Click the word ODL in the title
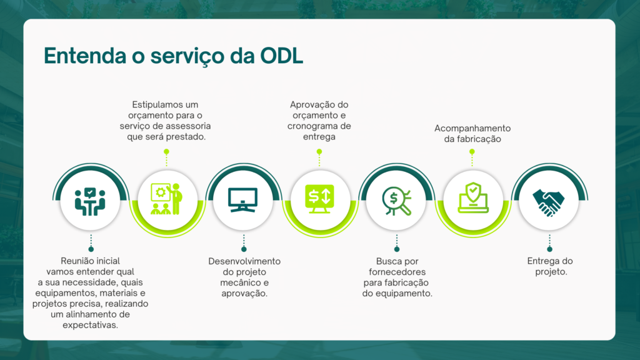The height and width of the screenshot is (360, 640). tap(282, 56)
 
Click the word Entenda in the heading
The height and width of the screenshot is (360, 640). tap(85, 56)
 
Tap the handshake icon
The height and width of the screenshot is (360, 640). tap(549, 202)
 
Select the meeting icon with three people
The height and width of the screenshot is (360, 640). tap(90, 201)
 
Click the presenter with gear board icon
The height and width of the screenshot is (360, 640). tap(166, 199)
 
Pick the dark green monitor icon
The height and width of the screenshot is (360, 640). tap(243, 200)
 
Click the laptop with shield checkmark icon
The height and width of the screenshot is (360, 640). tap(473, 198)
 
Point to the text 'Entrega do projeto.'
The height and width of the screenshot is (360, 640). tap(550, 266)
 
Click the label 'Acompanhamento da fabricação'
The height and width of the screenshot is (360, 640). tap(472, 134)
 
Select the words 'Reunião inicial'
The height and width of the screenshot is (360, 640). tap(90, 261)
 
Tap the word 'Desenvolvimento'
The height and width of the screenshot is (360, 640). tap(244, 261)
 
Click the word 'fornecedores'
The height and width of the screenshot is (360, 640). tap(397, 272)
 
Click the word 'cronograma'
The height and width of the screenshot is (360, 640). tap(313, 126)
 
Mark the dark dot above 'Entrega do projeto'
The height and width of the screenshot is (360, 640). tap(550, 249)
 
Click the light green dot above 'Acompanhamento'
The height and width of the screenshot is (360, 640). tap(472, 152)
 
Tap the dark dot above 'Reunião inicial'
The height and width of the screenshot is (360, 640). tap(91, 249)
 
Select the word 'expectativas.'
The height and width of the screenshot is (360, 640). tap(90, 325)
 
